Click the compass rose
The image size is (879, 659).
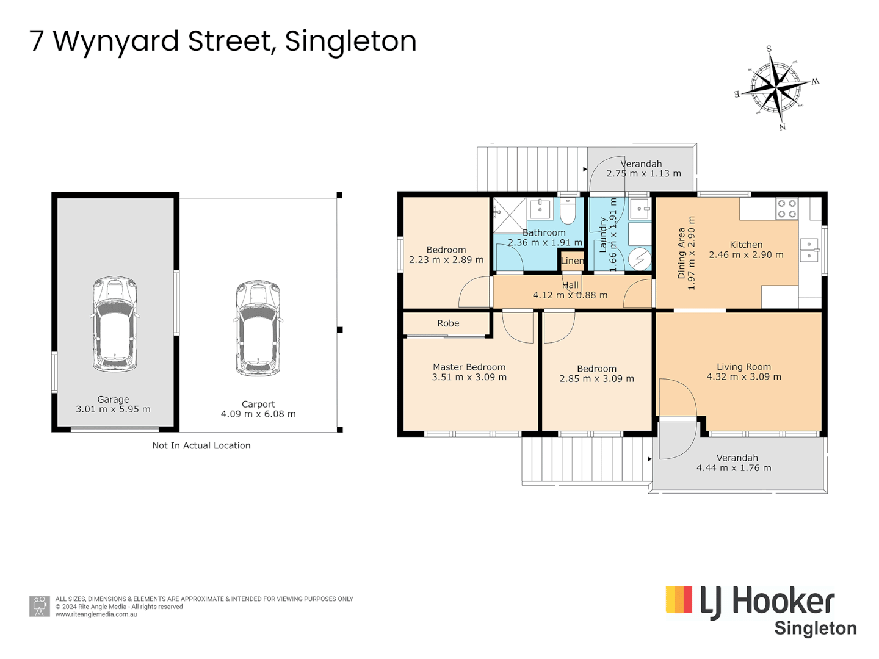coord(775,88)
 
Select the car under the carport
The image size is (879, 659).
coord(258,328)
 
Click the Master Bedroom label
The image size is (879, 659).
coord(469,367)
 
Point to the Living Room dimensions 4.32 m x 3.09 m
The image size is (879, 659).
coord(743,377)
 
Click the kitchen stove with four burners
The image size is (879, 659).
coord(786,209)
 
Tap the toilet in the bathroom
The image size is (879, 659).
coord(568,211)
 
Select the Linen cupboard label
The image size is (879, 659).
coord(572,261)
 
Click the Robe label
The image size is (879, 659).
coord(448,323)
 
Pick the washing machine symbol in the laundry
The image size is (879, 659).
coord(639,259)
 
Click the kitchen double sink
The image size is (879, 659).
coord(809,250)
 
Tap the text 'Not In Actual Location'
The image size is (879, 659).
coord(201,445)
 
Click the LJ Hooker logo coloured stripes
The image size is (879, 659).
coord(679,599)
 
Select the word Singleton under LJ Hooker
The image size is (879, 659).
coord(815,628)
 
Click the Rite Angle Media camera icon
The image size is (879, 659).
coord(40,606)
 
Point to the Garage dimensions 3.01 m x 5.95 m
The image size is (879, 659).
coord(113,409)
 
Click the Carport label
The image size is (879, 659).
coord(258,404)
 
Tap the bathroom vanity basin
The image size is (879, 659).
coord(540,209)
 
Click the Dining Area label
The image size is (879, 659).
coord(681,253)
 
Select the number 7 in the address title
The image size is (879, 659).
coord(37,41)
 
